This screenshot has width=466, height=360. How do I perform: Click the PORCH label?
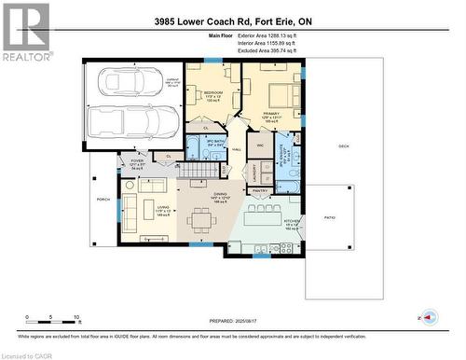[103, 199]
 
